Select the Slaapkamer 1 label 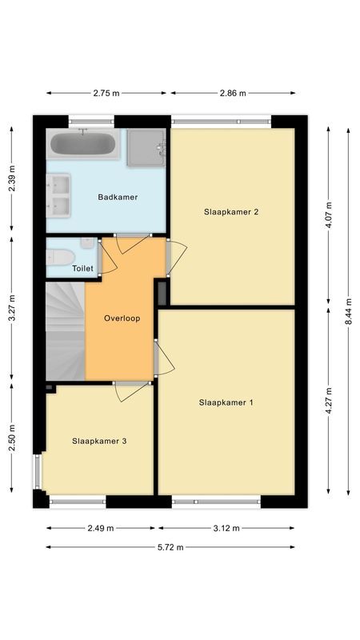coord(226,402)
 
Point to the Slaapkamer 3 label coord(99,441)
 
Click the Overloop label coord(122,318)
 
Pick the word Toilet coord(83,269)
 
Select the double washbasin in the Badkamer coord(59,197)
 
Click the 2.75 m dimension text coord(106,94)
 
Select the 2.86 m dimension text coord(233,94)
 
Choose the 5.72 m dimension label coord(170,547)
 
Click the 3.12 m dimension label coord(226,528)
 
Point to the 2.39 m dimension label coord(12,181)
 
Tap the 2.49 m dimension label coord(101,528)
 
